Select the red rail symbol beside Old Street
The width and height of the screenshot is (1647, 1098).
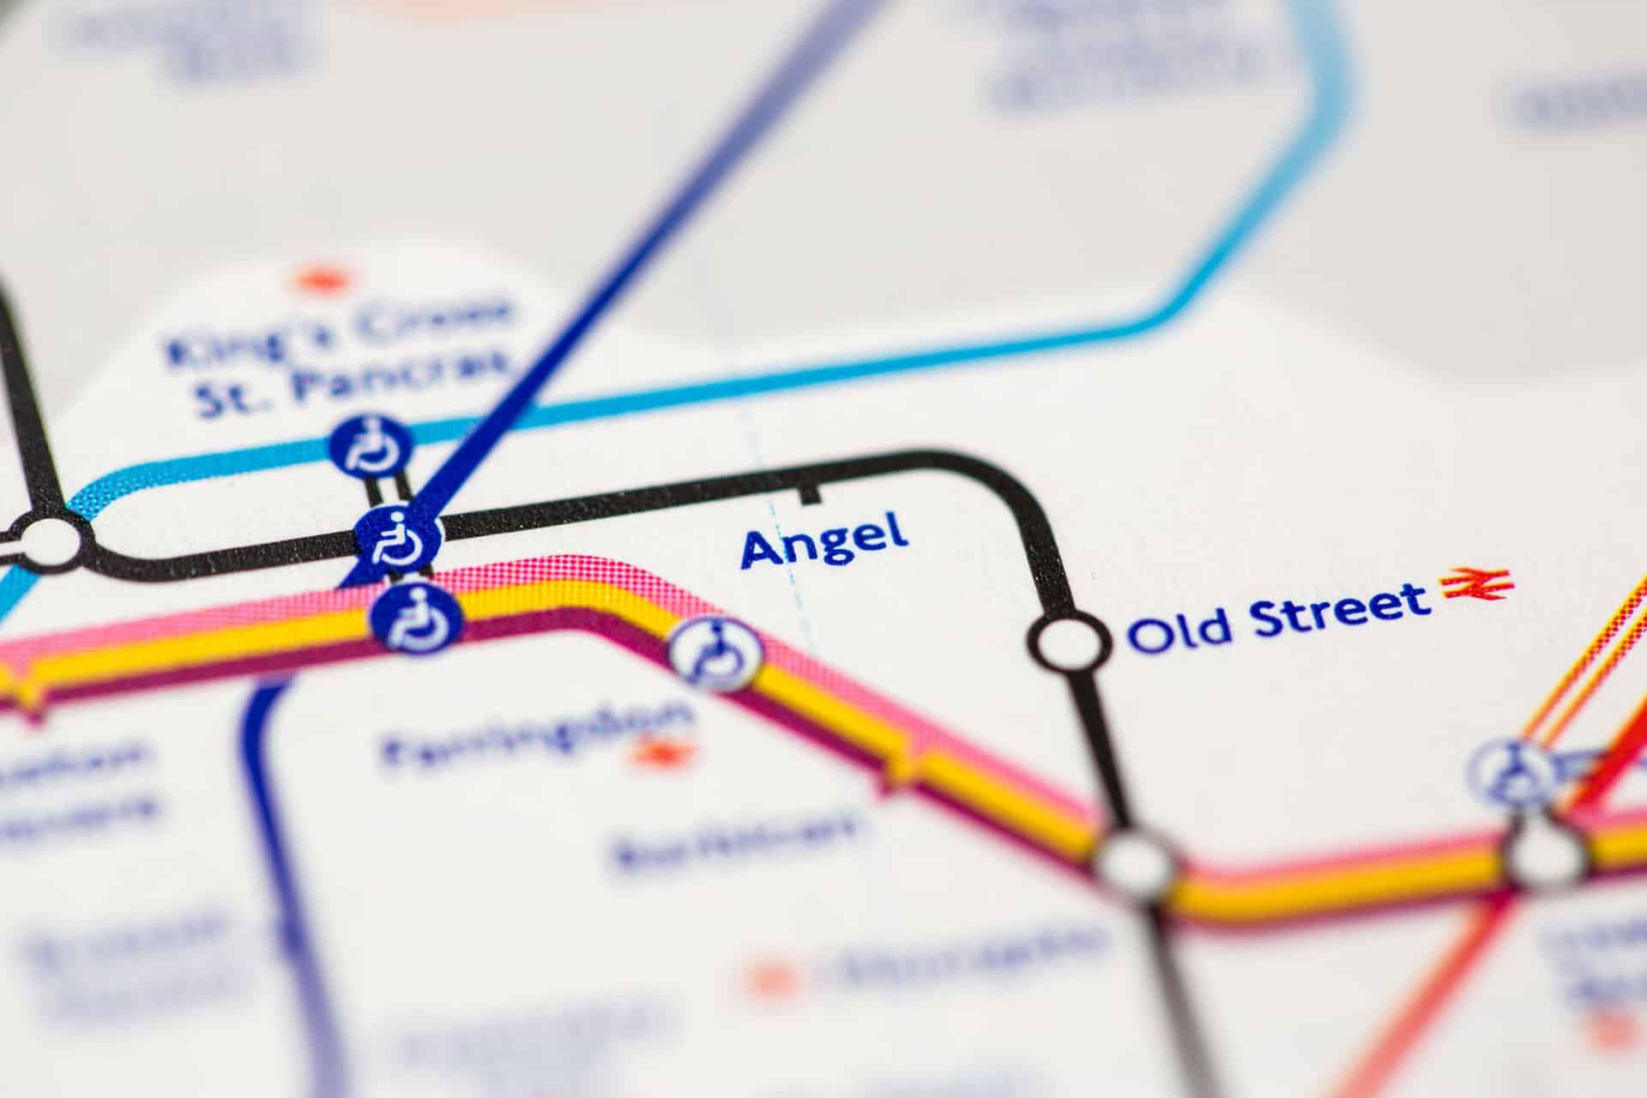click(x=1477, y=585)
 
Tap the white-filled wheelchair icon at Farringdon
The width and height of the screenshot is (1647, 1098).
click(x=715, y=654)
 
